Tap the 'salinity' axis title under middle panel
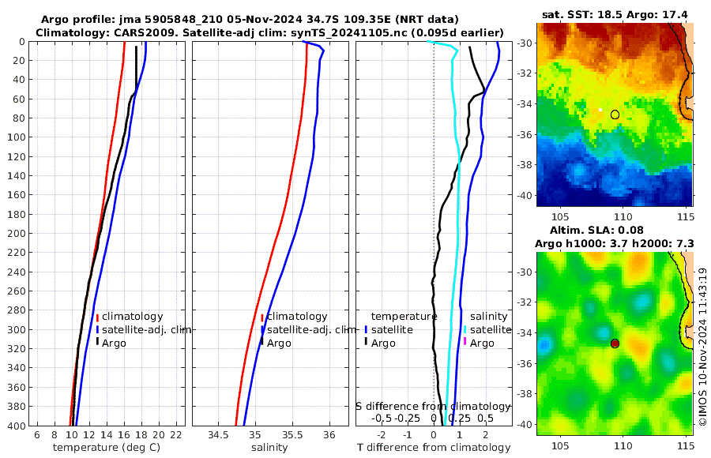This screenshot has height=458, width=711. coord(269,448)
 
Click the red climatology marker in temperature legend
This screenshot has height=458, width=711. coord(97,317)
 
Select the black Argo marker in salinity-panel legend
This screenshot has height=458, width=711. coord(261,343)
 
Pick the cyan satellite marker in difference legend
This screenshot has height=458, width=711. coord(465,329)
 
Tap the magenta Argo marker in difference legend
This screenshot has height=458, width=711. coord(465,342)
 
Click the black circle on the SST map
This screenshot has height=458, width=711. coord(615,114)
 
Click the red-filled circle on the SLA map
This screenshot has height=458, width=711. coord(615,343)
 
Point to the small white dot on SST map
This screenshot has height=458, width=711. coord(600,111)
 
